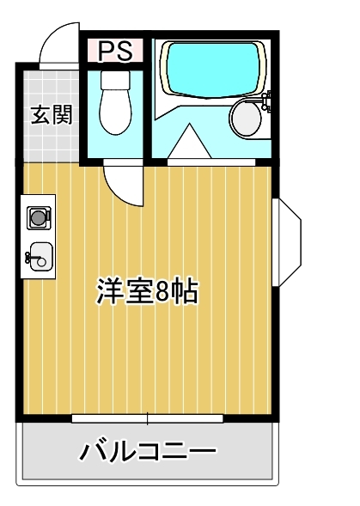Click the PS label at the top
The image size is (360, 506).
(x=114, y=51)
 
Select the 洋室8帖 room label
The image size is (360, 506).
(x=146, y=292)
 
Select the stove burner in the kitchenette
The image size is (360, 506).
(x=39, y=218)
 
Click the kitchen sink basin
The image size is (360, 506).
(x=38, y=255)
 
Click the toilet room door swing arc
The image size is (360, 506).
(x=123, y=183)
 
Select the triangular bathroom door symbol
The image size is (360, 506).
(x=189, y=143)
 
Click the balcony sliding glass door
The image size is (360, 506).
(x=148, y=418)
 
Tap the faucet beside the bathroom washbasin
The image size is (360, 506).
(x=268, y=106)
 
